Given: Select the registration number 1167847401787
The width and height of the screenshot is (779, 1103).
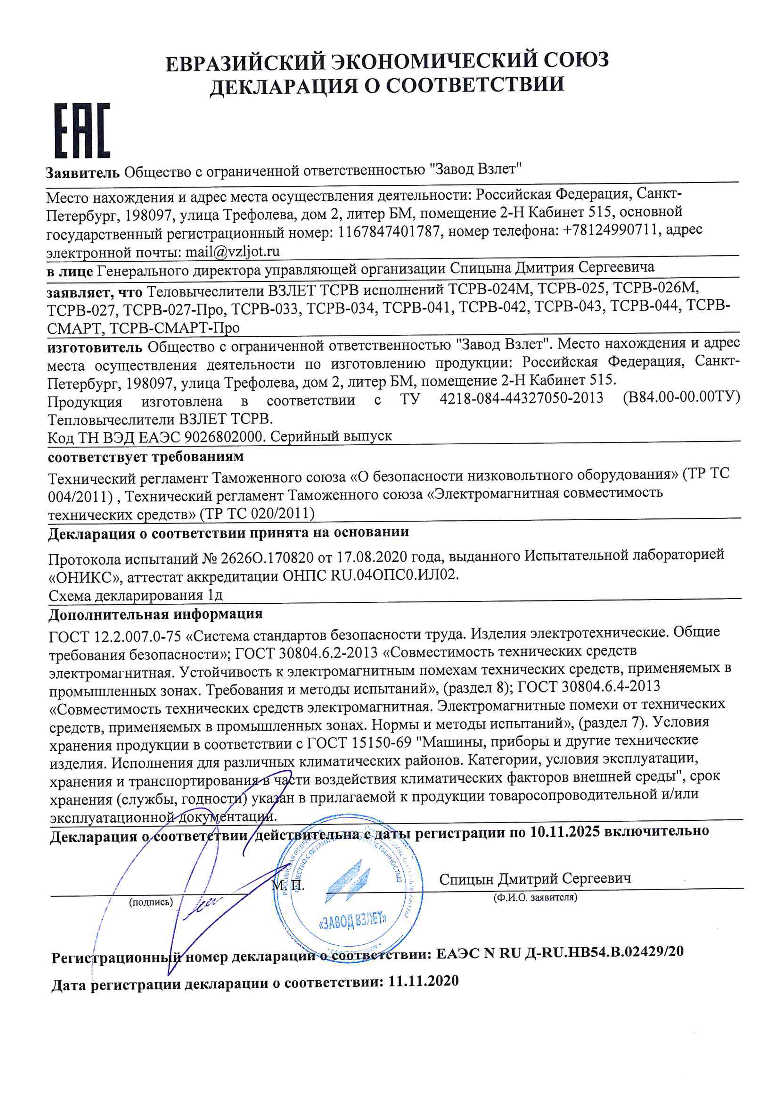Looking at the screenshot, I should tap(389, 233).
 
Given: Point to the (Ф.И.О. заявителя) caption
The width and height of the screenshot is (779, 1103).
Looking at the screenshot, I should tap(535, 897).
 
